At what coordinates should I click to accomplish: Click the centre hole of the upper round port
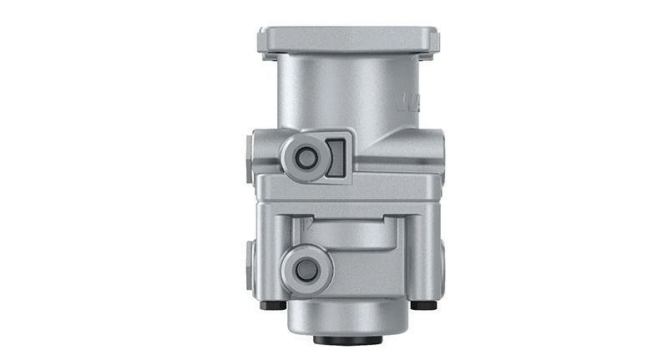click(x=306, y=157)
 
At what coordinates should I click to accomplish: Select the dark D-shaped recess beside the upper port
click(x=336, y=157)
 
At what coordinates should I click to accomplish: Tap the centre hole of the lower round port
click(x=306, y=269)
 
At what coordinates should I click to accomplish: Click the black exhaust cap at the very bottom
click(x=347, y=339)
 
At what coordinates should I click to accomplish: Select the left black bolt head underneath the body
click(x=272, y=305)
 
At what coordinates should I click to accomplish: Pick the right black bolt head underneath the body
click(x=423, y=305)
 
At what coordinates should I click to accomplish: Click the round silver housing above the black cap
click(x=347, y=317)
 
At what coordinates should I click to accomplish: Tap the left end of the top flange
click(x=263, y=42)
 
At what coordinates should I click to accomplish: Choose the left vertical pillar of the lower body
click(x=269, y=251)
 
